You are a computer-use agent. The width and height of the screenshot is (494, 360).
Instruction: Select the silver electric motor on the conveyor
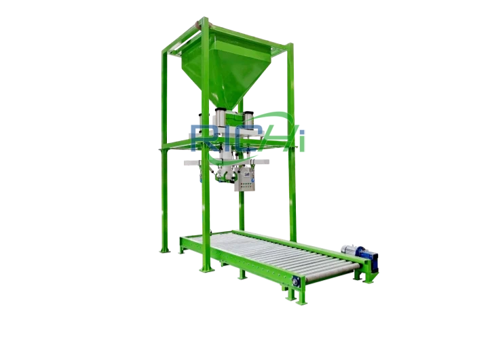click(x=349, y=249)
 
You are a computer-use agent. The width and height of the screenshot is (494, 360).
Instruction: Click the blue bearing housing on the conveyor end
click(x=296, y=281)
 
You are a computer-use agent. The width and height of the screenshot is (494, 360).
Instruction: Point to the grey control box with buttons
click(x=244, y=179)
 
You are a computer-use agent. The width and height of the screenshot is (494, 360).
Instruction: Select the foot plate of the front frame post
click(x=207, y=270)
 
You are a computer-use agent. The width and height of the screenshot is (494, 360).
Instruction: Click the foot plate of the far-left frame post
click(x=164, y=250)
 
